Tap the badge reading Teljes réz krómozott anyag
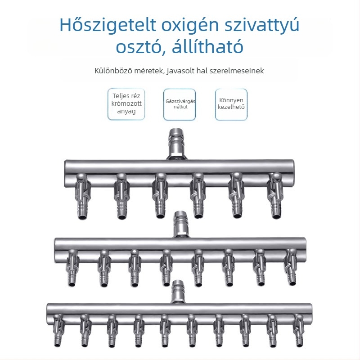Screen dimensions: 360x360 click(x=126, y=104)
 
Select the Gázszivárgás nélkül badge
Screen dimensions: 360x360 click(x=180, y=104)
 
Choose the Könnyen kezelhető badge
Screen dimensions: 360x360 click(x=231, y=104)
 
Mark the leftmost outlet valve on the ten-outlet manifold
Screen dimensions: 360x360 click(x=57, y=332)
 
